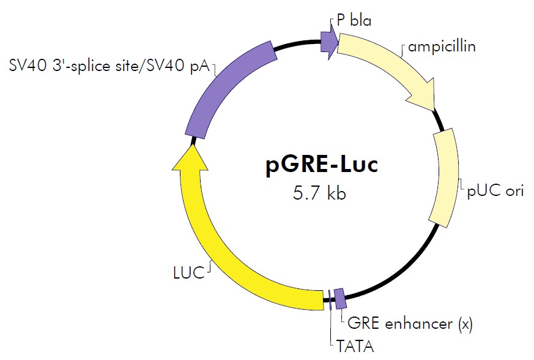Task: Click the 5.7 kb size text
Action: [319, 193]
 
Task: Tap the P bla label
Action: [354, 21]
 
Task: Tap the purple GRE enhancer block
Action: [340, 298]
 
